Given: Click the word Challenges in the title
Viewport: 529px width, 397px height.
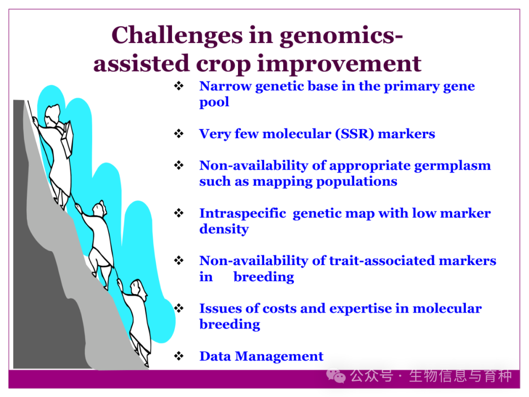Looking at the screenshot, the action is tap(177, 35).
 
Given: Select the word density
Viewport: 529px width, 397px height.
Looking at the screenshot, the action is tap(224, 229).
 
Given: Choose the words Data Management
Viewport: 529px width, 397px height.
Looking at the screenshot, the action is tap(261, 356).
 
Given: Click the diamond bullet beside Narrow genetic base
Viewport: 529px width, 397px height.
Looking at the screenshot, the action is tap(179, 86).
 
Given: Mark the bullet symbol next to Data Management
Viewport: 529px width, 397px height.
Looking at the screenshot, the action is tap(179, 356).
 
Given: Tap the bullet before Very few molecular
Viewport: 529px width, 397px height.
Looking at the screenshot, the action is tap(179, 134).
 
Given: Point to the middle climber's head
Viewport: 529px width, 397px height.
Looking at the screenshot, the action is tap(100, 209).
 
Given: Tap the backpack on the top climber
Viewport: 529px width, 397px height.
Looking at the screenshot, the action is tap(67, 138).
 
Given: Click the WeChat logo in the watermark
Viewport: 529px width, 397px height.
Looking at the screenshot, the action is tap(336, 376).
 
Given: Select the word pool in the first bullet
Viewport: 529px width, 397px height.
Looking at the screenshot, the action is tap(214, 102).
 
